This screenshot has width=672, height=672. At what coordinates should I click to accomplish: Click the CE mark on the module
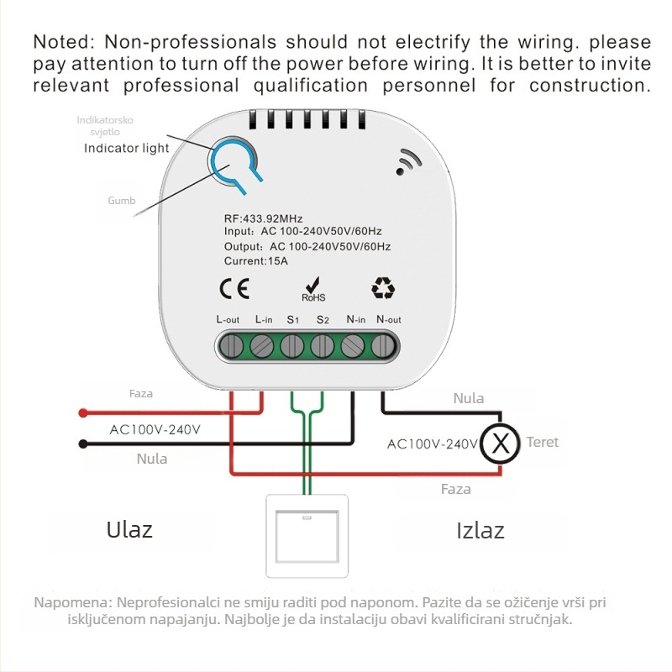[x=234, y=289]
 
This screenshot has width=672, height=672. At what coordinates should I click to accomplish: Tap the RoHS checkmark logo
[x=313, y=289]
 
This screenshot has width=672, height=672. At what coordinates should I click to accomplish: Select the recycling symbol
[x=383, y=287]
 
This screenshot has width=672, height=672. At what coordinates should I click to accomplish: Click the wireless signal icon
[x=408, y=162]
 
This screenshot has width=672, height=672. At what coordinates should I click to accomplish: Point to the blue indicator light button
[x=234, y=163]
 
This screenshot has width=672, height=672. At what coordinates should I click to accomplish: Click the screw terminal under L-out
[x=231, y=346]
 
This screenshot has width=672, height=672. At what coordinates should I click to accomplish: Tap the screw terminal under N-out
[x=383, y=346]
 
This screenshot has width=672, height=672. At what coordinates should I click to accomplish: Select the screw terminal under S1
[x=291, y=346]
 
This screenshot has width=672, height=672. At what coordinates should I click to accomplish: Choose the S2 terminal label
[x=323, y=320]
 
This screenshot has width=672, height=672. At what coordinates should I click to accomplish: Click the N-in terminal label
[x=355, y=319]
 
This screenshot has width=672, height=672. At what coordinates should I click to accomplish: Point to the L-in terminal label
[x=264, y=319]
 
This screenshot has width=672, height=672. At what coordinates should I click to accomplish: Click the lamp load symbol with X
[x=500, y=444]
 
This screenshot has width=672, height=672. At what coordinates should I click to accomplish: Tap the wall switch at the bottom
[x=307, y=536]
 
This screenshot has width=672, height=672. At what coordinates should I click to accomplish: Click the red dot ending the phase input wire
[x=83, y=413]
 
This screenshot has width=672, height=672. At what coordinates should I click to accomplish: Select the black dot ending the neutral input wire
[x=83, y=444]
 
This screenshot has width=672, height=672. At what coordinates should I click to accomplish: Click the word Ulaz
[x=129, y=530]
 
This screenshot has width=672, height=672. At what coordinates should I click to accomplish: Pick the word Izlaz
[x=480, y=531]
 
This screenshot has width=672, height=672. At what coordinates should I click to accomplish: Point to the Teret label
[x=543, y=442]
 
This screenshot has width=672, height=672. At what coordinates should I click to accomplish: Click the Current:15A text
[x=256, y=261]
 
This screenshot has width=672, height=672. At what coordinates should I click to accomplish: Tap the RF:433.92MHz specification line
[x=263, y=218]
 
